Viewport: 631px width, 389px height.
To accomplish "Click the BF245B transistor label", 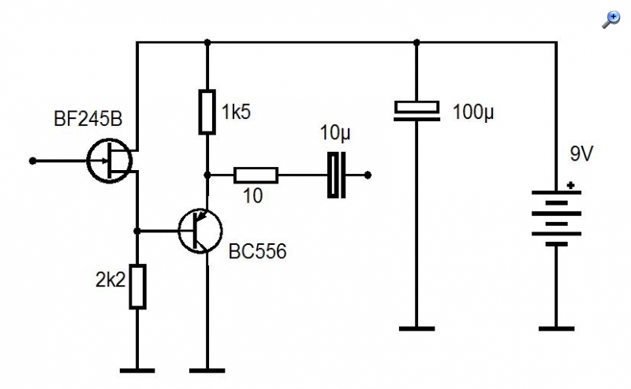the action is (88, 119).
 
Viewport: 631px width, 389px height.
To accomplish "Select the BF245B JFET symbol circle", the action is (88, 161).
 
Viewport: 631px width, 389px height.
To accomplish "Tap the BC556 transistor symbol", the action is (200, 231).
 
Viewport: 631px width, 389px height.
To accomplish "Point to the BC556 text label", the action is (258, 251).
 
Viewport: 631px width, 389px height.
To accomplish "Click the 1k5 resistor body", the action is (207, 112).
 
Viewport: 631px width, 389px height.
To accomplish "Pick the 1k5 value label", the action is (236, 111).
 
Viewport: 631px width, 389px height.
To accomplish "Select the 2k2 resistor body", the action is (137, 287).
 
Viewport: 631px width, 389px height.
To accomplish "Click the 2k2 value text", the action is (110, 280).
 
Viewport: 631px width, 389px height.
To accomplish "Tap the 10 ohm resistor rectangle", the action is (256, 176).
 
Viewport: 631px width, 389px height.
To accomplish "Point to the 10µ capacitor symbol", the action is (337, 176).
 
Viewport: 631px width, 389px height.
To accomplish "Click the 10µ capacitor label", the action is (335, 132).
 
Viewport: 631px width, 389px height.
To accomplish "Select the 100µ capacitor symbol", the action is (416, 111).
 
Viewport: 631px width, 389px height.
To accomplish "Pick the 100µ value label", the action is (473, 112).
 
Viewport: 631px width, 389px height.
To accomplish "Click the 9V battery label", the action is (581, 154).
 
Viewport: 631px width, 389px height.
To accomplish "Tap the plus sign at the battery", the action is (570, 185).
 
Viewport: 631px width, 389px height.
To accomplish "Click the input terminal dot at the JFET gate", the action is (32, 161).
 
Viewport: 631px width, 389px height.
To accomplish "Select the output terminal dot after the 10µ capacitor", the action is (368, 176).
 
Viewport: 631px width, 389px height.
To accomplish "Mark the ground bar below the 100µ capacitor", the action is (416, 328).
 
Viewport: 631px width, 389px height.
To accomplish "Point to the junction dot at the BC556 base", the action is (136, 231).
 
